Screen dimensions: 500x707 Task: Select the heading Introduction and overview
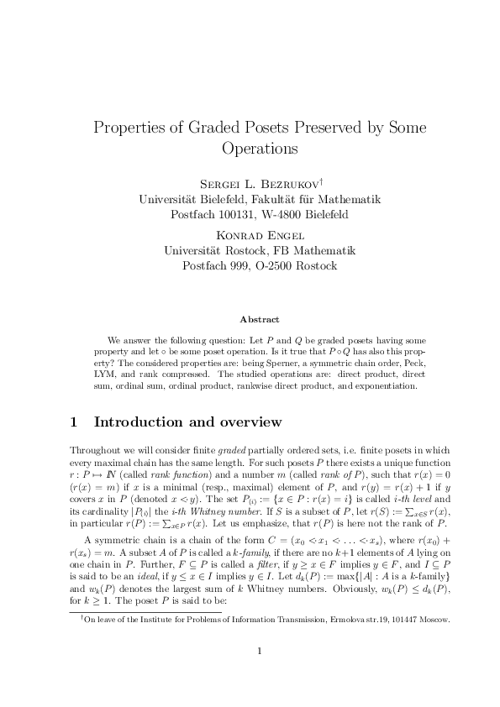(x=187, y=422)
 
